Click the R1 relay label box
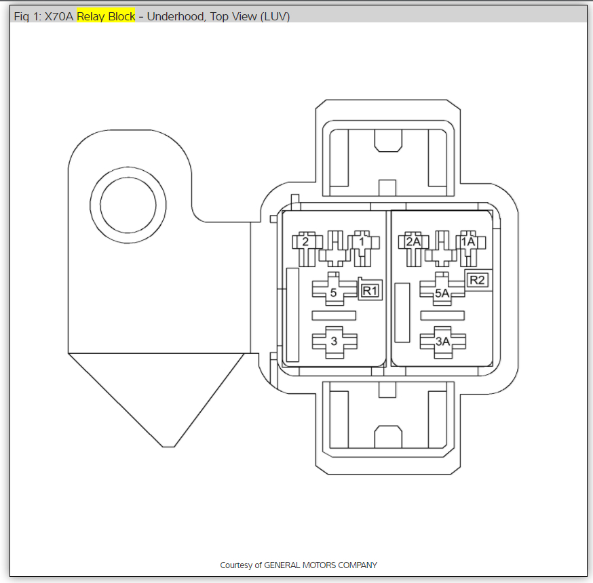(x=370, y=291)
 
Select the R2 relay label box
(x=478, y=280)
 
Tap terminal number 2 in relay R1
(x=305, y=242)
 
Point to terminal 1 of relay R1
(x=362, y=242)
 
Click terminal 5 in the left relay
(x=333, y=294)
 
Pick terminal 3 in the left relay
(x=333, y=342)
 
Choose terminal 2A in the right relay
(x=413, y=242)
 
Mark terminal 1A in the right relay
(x=468, y=242)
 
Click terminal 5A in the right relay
(x=442, y=294)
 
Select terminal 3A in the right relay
(x=442, y=342)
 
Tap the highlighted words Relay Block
(x=106, y=16)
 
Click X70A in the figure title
(x=59, y=16)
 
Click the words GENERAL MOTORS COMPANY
(x=320, y=565)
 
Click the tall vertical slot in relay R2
(x=402, y=313)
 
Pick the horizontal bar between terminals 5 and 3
(x=333, y=315)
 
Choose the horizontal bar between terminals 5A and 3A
(x=442, y=315)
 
